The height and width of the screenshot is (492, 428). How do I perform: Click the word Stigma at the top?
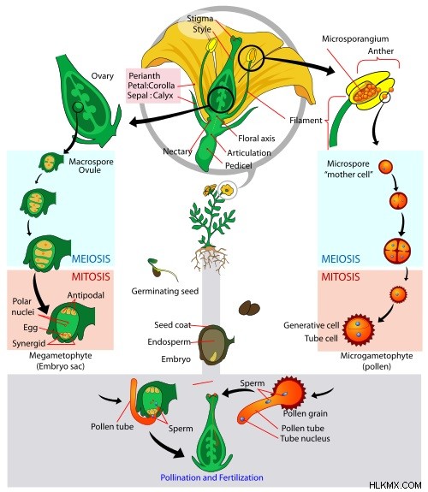(x=200, y=19)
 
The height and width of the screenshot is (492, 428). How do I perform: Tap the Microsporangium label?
(x=355, y=39)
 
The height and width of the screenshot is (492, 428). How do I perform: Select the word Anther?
(x=381, y=50)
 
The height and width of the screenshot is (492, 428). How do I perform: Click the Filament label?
(x=306, y=120)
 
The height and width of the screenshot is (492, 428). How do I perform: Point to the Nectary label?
(x=177, y=151)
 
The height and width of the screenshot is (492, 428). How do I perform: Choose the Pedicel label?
(x=238, y=165)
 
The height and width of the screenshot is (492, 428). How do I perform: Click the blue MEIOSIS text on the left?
(x=91, y=259)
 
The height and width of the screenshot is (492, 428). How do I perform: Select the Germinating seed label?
(x=165, y=291)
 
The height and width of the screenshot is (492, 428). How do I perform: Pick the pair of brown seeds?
(x=249, y=308)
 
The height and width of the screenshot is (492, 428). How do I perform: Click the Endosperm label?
(x=169, y=341)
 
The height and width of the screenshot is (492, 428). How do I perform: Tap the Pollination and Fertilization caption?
(x=211, y=477)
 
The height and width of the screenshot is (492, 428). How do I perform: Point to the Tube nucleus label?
(x=305, y=438)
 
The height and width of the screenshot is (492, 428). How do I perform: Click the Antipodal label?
(x=86, y=295)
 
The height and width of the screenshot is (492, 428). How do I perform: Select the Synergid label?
(x=29, y=343)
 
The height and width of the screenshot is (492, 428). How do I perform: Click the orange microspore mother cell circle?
(x=385, y=167)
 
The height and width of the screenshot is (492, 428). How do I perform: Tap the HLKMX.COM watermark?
(x=395, y=485)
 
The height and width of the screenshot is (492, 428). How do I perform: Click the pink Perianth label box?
(x=153, y=86)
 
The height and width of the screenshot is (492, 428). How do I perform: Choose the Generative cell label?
(x=312, y=325)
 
